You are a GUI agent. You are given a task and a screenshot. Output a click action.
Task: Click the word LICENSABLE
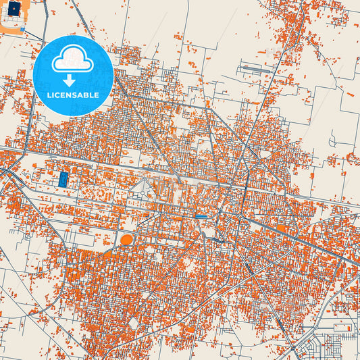click(x=72, y=95)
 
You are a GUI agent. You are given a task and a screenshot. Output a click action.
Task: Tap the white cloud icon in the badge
click(x=72, y=60)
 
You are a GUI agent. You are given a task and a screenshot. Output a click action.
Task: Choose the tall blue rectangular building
click(x=63, y=179)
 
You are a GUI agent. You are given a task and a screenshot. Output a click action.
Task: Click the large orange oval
click(x=126, y=240)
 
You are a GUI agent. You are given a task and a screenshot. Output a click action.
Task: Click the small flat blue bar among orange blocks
click(x=202, y=216)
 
